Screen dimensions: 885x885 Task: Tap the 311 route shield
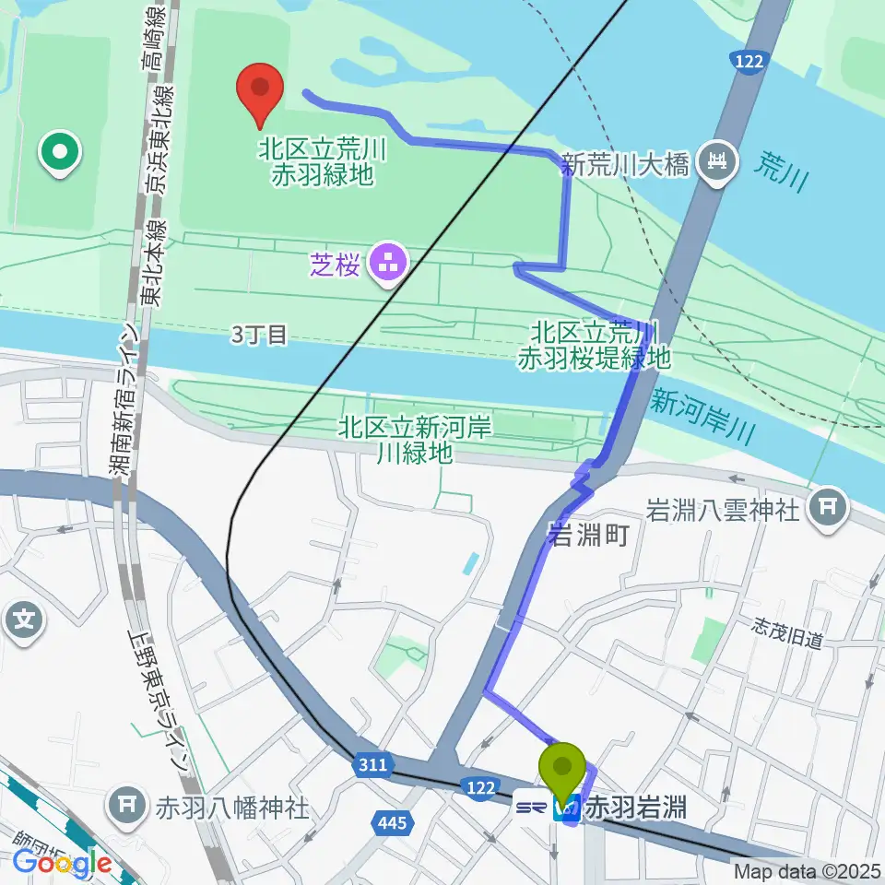coord(371,764)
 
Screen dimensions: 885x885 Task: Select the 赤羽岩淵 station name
coord(636,809)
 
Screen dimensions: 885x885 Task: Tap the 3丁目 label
coord(259,335)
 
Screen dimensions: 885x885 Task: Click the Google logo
coord(63,863)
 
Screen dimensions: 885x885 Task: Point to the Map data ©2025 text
coord(808,870)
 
